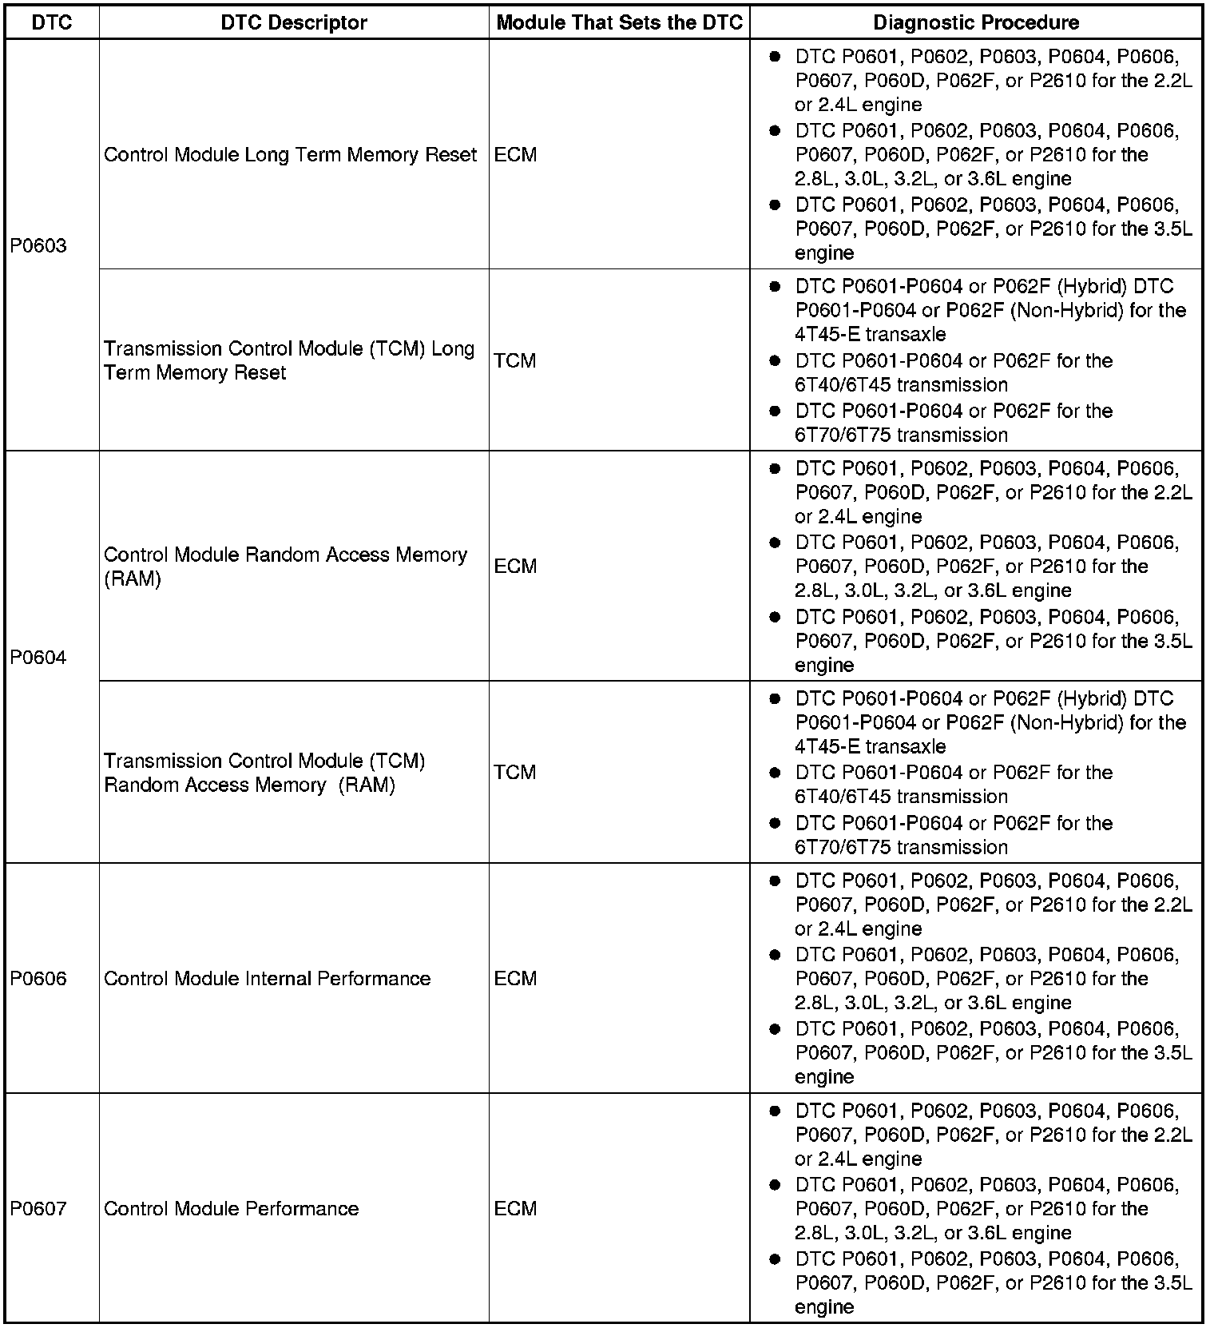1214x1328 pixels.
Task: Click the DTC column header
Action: click(52, 22)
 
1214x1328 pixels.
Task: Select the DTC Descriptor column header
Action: click(294, 22)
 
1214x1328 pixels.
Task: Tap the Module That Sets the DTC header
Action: click(620, 22)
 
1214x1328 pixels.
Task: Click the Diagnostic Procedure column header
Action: click(976, 22)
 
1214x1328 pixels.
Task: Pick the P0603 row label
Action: click(38, 245)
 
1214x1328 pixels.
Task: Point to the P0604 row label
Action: click(38, 658)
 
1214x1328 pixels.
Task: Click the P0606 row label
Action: click(38, 979)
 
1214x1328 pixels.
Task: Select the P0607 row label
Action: click(38, 1209)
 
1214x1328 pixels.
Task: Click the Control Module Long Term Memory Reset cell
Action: click(291, 154)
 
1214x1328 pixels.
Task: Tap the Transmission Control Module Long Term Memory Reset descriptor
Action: click(289, 360)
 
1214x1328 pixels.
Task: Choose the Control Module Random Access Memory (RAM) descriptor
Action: click(285, 567)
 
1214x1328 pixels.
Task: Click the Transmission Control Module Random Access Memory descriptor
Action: click(264, 773)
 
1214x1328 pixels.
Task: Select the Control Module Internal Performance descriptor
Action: click(268, 979)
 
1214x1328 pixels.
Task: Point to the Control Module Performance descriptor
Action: click(232, 1209)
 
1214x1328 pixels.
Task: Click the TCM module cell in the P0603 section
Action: click(515, 360)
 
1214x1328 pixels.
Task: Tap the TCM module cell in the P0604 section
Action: click(515, 773)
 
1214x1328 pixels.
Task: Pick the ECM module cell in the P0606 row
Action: click(515, 979)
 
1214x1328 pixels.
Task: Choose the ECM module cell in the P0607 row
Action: click(515, 1209)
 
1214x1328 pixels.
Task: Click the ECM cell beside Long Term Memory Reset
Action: click(515, 154)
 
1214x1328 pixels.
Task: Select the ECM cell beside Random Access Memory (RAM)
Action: click(515, 567)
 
